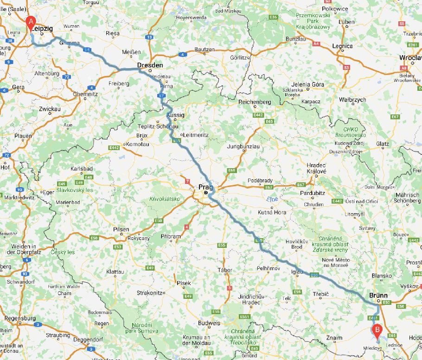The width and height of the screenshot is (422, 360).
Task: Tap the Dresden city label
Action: (150, 65)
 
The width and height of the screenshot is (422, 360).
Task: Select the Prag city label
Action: (205, 187)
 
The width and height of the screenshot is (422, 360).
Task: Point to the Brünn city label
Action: (378, 295)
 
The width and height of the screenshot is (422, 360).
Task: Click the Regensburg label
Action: (20, 318)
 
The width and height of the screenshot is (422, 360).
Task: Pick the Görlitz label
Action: (239, 58)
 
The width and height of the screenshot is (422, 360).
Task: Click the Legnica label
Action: (342, 46)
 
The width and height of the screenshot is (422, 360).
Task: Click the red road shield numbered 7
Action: (187, 181)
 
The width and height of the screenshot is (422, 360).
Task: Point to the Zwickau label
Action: (50, 109)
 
